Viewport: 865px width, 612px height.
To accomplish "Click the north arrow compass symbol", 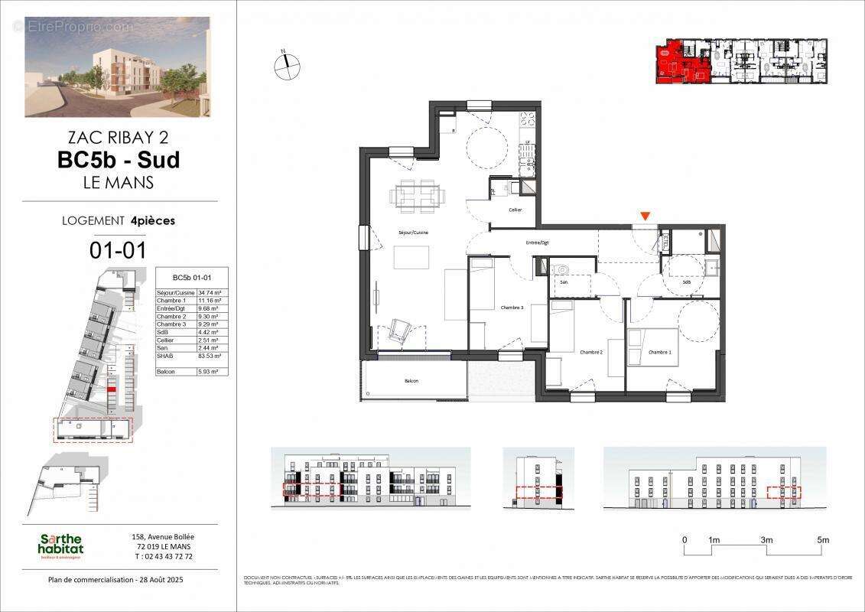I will (x=287, y=66).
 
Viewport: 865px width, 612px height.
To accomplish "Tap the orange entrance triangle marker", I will (x=645, y=216).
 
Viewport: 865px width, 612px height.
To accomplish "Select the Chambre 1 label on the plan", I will (x=659, y=353).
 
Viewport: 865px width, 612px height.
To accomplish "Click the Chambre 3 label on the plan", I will (x=512, y=308).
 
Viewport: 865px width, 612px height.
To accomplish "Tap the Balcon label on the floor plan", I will (x=411, y=380).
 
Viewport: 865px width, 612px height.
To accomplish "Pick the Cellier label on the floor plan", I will (x=515, y=210).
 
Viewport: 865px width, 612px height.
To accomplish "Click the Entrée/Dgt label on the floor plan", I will (x=537, y=243).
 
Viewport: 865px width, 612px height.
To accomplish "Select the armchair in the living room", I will (x=400, y=330).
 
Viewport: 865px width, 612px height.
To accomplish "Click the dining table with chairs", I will (x=417, y=195).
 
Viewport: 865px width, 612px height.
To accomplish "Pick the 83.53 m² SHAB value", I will (x=210, y=356).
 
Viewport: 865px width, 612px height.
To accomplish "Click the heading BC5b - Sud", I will (x=119, y=160).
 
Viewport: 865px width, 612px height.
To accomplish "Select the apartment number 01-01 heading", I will (x=119, y=249).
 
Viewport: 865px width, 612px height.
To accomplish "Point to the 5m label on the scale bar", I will (x=823, y=540).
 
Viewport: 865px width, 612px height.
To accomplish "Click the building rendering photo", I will (x=117, y=67).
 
